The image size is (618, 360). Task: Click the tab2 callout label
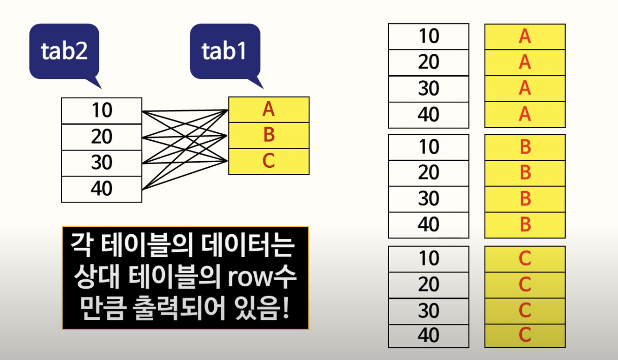point(63,51)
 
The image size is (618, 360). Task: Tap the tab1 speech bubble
point(224,51)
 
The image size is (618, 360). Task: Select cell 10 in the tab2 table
point(101,110)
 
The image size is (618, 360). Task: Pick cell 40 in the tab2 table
point(101,189)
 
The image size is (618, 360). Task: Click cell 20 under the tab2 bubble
point(101,137)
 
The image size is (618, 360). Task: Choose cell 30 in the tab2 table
point(101,163)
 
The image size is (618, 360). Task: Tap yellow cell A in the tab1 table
point(269,109)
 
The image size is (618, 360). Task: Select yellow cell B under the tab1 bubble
point(269,135)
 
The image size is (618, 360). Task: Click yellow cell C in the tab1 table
point(269,161)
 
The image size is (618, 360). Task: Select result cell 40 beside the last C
point(428,336)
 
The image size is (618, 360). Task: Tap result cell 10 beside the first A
point(428,37)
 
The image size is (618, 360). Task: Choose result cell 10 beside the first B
point(428,147)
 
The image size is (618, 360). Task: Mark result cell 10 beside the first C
point(428,259)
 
